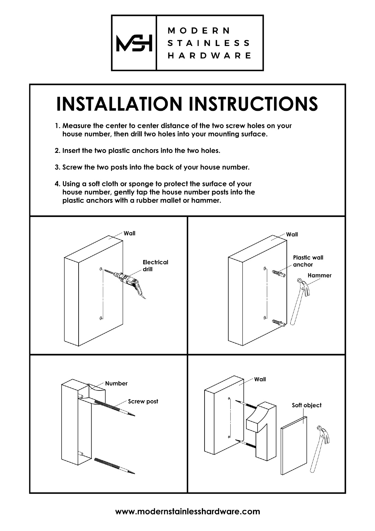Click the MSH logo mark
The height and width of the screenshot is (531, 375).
(x=134, y=43)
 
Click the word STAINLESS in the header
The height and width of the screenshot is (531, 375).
(x=209, y=43)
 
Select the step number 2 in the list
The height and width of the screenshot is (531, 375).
(x=57, y=151)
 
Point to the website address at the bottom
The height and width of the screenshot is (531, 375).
(x=187, y=511)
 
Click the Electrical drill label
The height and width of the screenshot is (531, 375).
(x=155, y=265)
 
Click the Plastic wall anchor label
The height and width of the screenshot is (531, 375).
(x=308, y=261)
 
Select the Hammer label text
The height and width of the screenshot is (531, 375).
(x=319, y=275)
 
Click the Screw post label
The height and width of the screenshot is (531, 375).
(x=143, y=401)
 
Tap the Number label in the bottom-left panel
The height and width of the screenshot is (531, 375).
(x=116, y=384)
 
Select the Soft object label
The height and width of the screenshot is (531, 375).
(x=306, y=405)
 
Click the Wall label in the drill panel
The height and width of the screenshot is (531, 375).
(x=129, y=233)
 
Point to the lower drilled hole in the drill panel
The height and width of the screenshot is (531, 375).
(x=101, y=318)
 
